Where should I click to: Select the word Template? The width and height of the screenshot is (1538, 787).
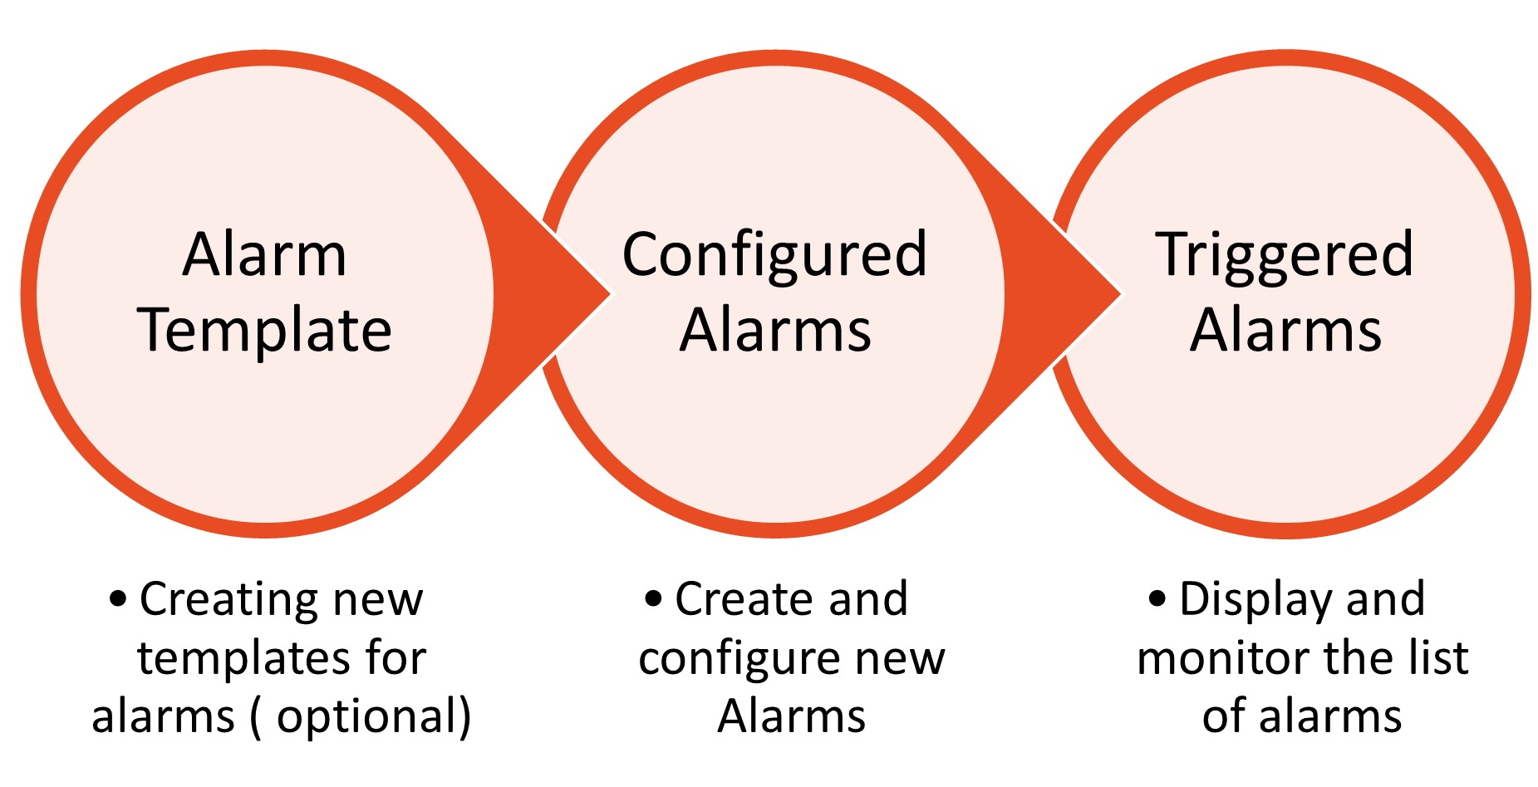[x=266, y=331]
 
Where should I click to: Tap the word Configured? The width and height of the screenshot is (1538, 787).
[x=774, y=254]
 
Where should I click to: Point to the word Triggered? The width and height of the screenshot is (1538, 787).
[x=1284, y=254]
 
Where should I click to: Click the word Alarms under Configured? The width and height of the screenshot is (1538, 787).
[x=775, y=331]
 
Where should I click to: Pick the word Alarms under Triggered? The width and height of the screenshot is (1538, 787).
[x=1285, y=331]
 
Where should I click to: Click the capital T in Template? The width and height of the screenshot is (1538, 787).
[x=157, y=329]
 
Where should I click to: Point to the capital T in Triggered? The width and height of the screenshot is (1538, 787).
[x=1171, y=253]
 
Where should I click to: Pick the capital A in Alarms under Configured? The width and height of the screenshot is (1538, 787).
[x=699, y=331]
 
